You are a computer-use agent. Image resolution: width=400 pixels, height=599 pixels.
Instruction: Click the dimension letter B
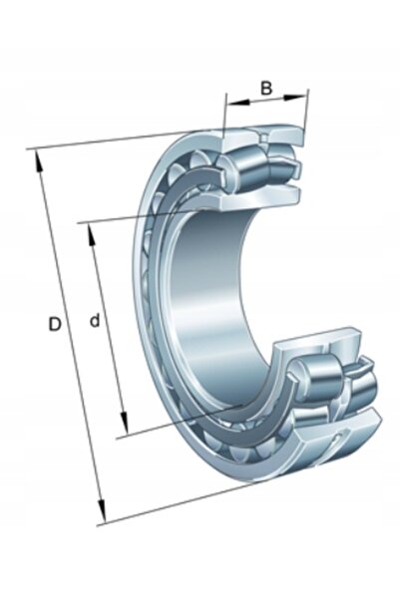(x=266, y=88)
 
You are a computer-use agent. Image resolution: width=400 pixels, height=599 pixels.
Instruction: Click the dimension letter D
(x=55, y=324)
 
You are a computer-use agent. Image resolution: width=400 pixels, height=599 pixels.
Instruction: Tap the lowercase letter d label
(x=94, y=320)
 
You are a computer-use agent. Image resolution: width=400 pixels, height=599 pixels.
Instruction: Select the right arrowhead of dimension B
(x=295, y=98)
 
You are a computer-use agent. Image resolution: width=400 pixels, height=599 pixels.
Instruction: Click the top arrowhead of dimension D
(x=39, y=160)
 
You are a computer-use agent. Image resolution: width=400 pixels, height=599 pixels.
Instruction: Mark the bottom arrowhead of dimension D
(x=102, y=512)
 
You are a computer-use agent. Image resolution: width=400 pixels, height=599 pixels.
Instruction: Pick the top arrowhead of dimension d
(x=91, y=234)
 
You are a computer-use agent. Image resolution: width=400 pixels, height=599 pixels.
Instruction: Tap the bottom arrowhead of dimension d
(x=124, y=423)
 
